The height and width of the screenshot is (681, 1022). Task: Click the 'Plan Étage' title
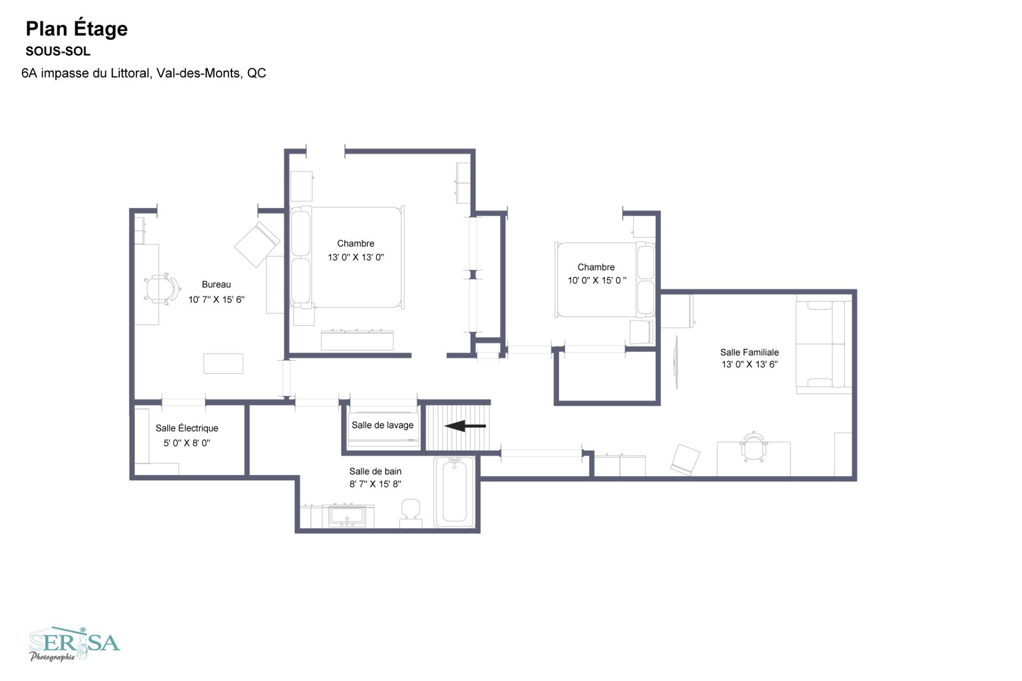[77, 29]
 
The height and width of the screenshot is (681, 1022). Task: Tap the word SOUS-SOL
[58, 52]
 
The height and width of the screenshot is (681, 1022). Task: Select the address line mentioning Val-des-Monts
[144, 73]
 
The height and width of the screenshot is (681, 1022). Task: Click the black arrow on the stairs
[465, 426]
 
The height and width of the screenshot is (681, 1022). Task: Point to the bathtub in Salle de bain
[454, 491]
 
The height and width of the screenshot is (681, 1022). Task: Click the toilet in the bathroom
[410, 513]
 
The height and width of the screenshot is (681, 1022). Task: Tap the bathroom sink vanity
[347, 515]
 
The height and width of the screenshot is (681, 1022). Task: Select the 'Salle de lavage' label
[383, 425]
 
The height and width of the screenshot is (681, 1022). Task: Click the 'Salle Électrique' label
[187, 428]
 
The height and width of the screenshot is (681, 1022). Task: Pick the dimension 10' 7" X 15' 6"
[216, 300]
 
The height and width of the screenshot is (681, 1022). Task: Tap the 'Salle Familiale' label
[749, 352]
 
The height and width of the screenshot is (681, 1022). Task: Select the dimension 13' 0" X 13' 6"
[749, 365]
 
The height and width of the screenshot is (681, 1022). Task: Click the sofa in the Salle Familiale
[823, 344]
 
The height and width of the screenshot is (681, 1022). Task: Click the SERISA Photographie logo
[75, 644]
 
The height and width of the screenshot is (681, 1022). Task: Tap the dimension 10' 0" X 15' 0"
[597, 281]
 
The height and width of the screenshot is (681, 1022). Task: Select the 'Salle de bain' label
[375, 471]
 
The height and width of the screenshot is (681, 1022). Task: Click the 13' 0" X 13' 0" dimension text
[356, 258]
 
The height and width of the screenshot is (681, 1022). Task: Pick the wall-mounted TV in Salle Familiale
[676, 362]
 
